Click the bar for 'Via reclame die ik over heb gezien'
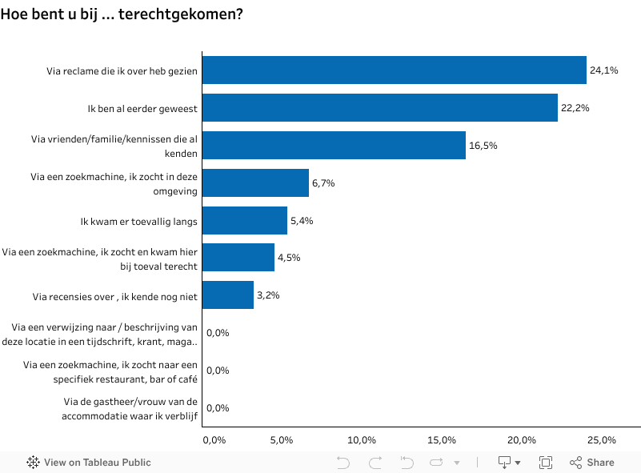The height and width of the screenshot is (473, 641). [x=394, y=70]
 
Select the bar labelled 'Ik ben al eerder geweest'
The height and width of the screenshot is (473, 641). [x=379, y=108]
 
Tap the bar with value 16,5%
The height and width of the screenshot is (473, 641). [x=334, y=146]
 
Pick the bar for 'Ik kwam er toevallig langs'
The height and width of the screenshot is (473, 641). [x=244, y=220]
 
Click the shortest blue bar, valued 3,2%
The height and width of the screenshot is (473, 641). [x=228, y=295]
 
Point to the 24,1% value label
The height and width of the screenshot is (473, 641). [x=604, y=70]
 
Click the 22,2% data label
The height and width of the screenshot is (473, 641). [x=575, y=108]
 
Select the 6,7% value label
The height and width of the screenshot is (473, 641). [x=323, y=183]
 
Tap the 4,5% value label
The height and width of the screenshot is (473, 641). [x=289, y=258]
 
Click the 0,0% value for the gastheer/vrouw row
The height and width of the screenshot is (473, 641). [x=218, y=408]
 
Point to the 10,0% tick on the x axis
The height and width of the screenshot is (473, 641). [x=363, y=440]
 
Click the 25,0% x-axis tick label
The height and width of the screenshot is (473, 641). [x=602, y=440]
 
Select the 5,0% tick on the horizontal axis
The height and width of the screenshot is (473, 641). [x=282, y=440]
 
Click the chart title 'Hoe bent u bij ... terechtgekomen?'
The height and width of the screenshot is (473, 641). [x=122, y=14]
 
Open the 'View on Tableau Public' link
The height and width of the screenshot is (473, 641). [x=89, y=463]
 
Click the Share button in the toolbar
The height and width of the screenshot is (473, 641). [x=592, y=463]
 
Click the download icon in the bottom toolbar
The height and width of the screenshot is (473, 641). [x=509, y=463]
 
